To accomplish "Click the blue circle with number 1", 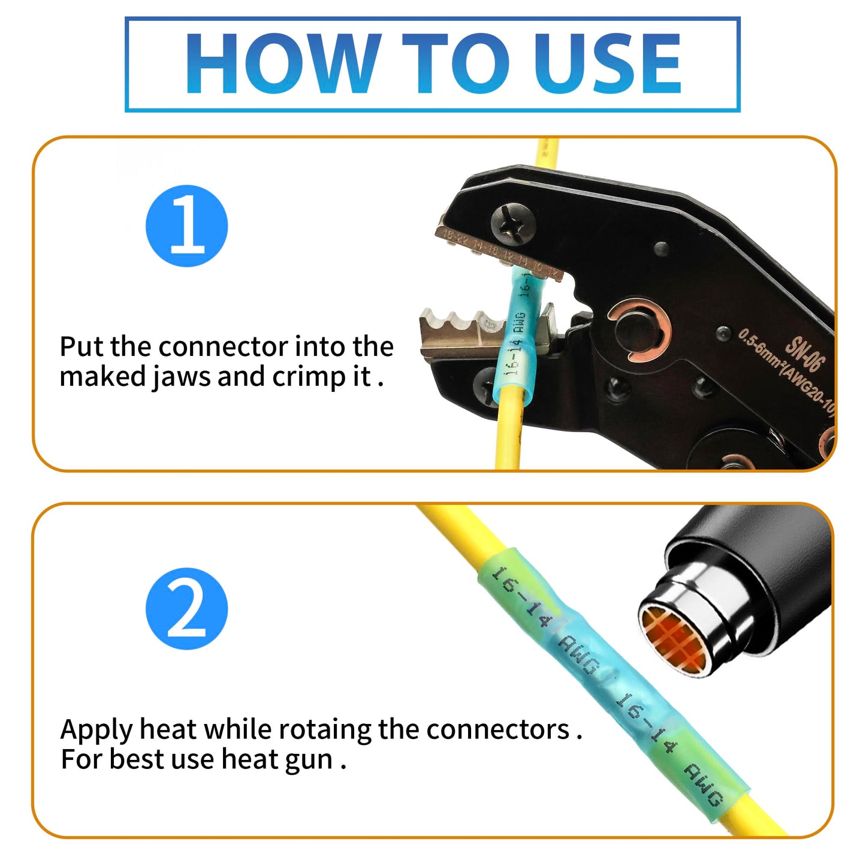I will [187, 226].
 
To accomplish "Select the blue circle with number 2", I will [187, 609].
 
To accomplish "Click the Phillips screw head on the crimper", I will [511, 222].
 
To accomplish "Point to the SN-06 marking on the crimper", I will [805, 354].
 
